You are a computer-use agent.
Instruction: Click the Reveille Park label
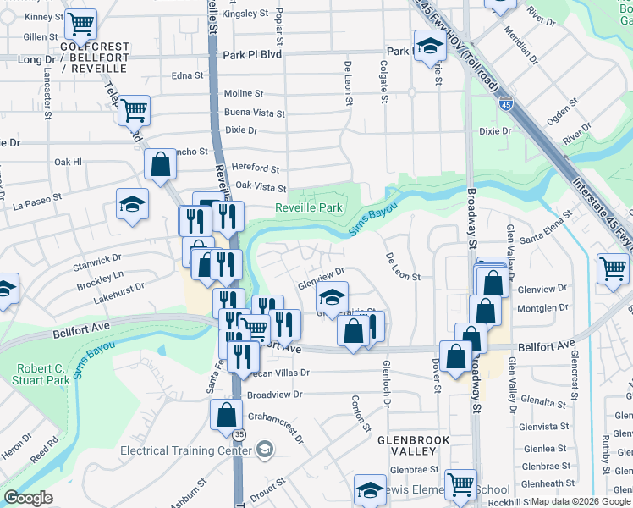coord(309,207)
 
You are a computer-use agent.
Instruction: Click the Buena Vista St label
coord(254,113)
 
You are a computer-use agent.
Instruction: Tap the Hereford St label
coord(256,168)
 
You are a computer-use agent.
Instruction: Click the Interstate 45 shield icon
coord(505,104)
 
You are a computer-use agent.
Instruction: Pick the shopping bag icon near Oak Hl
coord(160,164)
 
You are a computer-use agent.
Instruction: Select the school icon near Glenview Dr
coord(333,297)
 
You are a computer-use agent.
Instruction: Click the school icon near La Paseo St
coord(132,204)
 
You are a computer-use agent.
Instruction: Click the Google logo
coord(28,498)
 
